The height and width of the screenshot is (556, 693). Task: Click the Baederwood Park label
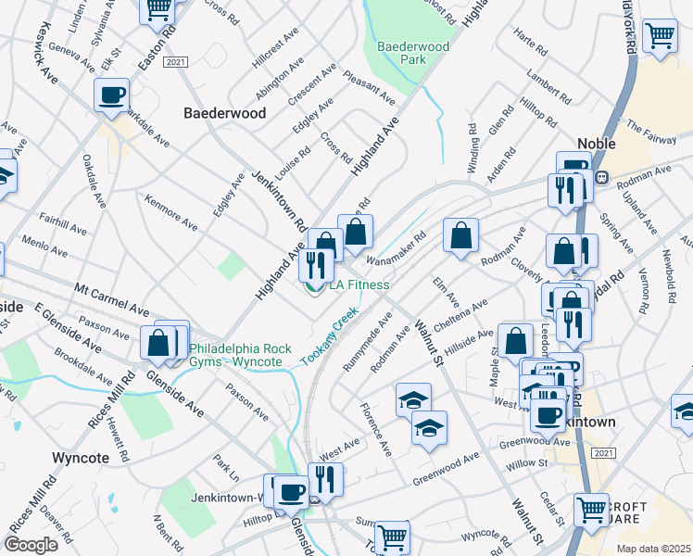point(412,52)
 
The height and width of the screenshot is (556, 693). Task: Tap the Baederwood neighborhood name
point(224,113)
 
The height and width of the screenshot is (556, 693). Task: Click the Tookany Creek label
point(328,337)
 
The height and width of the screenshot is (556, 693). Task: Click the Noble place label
point(596,144)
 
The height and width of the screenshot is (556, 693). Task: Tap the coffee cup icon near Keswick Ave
point(111,95)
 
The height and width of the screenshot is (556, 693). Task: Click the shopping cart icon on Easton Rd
point(157,9)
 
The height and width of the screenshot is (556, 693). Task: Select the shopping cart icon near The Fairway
point(660,36)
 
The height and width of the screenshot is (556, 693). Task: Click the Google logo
point(31,545)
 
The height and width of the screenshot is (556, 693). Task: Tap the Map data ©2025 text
point(654,549)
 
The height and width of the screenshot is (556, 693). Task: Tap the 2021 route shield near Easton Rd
point(175,62)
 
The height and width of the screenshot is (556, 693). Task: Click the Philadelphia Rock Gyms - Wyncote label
point(240,355)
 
